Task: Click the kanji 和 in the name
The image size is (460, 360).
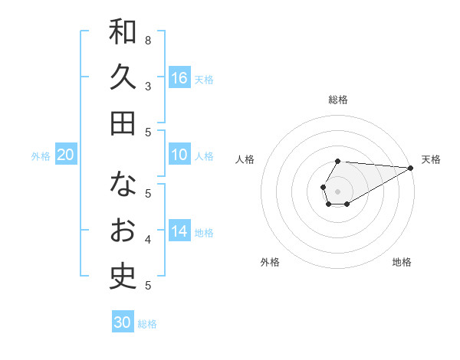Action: pos(123,32)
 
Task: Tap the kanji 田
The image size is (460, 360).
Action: pos(123,123)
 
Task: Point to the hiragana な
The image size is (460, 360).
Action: pos(123,185)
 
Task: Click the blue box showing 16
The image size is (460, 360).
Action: pos(179,77)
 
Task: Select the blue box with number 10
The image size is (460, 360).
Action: pos(179,155)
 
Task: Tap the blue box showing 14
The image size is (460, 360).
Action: pos(179,231)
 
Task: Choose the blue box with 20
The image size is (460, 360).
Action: pos(65,155)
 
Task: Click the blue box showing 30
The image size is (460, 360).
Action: pos(123,322)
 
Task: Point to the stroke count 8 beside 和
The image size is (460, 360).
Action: pos(148,40)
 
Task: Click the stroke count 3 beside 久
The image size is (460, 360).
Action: pos(148,86)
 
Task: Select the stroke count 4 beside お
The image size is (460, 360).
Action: pos(148,240)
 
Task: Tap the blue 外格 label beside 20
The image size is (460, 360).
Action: pos(41,156)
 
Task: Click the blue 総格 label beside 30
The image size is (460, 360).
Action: pos(147,323)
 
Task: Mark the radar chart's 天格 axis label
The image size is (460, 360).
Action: pos(431,159)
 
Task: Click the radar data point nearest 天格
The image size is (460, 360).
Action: pos(411,169)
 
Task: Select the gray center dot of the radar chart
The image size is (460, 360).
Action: pos(337,190)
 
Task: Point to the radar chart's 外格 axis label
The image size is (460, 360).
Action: pos(270,262)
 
